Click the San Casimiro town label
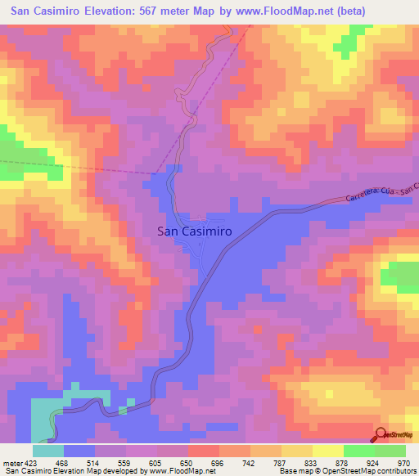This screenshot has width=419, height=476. tap(194, 231)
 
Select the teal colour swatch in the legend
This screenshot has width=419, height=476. tap(48, 451)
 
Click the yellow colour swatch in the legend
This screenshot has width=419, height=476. tap(327, 451)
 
